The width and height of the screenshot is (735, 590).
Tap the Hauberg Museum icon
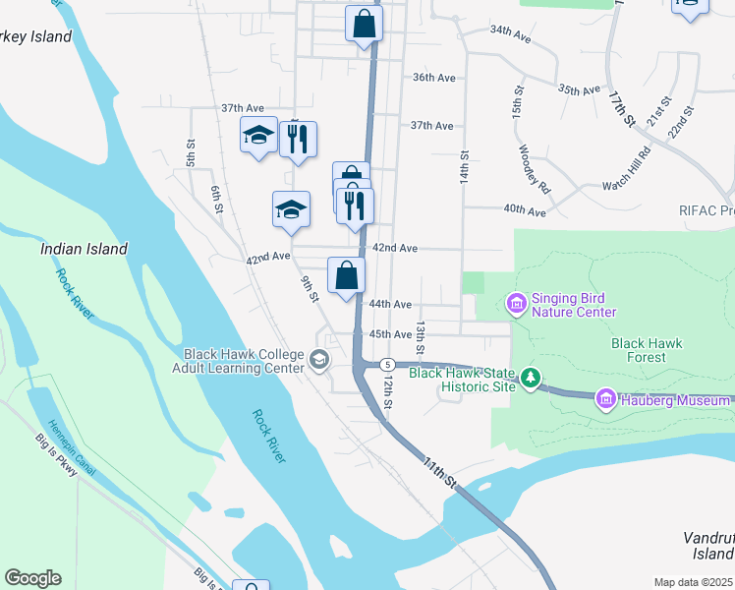click(x=605, y=398)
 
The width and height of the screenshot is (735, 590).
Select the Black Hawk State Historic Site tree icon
click(x=531, y=377)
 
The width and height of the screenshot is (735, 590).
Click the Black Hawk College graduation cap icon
click(x=318, y=361)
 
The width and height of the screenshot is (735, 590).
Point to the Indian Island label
click(x=84, y=249)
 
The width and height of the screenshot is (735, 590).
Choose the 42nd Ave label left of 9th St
click(x=267, y=257)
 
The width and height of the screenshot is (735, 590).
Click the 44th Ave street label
click(x=390, y=305)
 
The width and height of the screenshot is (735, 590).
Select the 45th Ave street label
click(x=390, y=334)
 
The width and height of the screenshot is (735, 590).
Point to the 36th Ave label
click(x=434, y=77)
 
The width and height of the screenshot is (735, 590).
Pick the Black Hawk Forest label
click(x=646, y=350)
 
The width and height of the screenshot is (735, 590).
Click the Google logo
click(x=32, y=578)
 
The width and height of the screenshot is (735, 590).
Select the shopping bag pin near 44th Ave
click(x=346, y=276)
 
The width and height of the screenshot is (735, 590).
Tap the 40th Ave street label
click(x=524, y=210)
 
